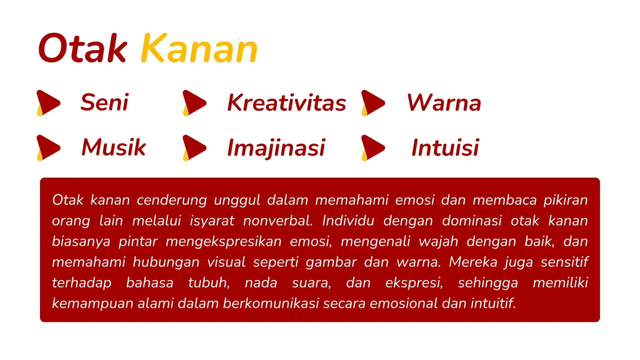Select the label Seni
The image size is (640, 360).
(x=105, y=102)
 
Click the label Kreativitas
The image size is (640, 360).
(x=287, y=102)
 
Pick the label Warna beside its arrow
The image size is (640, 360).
(x=444, y=102)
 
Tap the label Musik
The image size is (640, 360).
(x=114, y=147)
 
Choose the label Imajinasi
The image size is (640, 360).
(x=276, y=147)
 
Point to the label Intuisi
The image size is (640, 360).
(x=445, y=147)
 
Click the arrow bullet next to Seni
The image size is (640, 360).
(x=48, y=103)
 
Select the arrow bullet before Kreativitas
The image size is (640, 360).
(x=194, y=103)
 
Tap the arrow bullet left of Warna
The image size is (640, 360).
(x=373, y=103)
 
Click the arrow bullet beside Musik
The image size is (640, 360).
(x=48, y=148)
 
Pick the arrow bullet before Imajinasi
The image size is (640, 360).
(x=194, y=148)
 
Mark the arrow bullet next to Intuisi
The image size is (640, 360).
(x=373, y=148)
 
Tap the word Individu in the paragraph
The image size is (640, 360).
(x=348, y=221)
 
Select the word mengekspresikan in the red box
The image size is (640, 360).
(x=224, y=242)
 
